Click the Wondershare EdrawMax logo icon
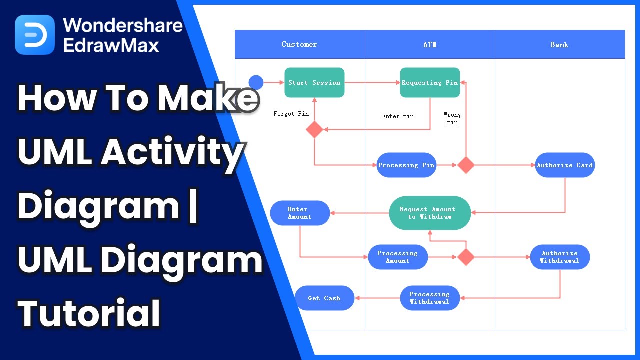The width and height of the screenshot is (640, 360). click(x=35, y=35)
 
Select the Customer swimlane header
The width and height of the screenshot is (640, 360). click(x=300, y=44)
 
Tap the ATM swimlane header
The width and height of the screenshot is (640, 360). click(x=430, y=44)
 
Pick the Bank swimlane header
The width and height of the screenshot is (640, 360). click(x=560, y=44)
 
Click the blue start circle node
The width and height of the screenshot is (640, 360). click(x=256, y=82)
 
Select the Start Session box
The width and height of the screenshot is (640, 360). click(x=314, y=83)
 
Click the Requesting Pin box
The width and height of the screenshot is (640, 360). click(x=430, y=83)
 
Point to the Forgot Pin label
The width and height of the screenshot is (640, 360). click(x=291, y=114)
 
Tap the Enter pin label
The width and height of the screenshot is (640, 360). click(x=398, y=116)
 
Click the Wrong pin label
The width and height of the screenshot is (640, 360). click(x=452, y=118)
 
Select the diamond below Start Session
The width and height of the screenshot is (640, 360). click(x=314, y=129)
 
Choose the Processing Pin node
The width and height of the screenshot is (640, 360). click(x=406, y=165)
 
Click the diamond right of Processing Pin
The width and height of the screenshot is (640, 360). click(x=466, y=165)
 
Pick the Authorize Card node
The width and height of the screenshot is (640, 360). click(x=565, y=165)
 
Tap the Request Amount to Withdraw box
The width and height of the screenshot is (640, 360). click(x=430, y=213)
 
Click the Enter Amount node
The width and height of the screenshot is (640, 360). click(x=300, y=213)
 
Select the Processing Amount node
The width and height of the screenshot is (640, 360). click(x=398, y=257)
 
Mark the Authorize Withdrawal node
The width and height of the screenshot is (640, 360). click(x=560, y=257)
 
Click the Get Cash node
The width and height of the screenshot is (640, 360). click(x=324, y=298)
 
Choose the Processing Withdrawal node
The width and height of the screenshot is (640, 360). click(x=430, y=298)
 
